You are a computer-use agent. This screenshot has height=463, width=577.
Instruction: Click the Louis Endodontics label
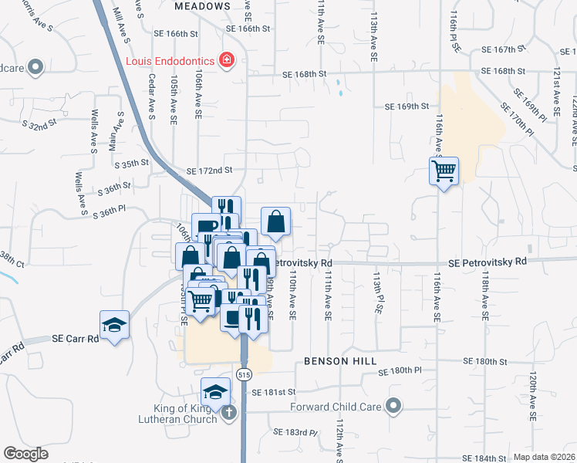[170, 60]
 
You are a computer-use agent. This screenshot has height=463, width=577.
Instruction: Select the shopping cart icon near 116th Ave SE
[444, 171]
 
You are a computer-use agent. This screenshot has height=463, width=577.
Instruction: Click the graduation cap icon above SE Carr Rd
[114, 325]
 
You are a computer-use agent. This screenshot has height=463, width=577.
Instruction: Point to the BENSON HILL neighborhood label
[340, 361]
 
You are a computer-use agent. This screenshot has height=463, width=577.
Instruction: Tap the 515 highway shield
[244, 374]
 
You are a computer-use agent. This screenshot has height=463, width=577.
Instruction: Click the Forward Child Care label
[336, 406]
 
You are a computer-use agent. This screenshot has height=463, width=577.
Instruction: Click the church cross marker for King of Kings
[228, 414]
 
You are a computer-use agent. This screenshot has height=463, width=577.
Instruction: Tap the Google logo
[25, 454]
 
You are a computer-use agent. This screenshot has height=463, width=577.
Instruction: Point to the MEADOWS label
[202, 5]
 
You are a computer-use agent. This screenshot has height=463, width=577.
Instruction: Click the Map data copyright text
[545, 457]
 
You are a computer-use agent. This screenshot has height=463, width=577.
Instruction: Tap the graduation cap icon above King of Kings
[216, 391]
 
